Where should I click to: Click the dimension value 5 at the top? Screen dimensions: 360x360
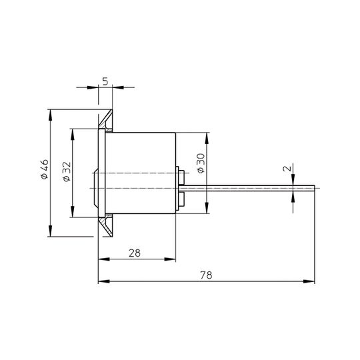coord(105,81)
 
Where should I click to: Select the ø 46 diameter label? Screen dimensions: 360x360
coord(44,169)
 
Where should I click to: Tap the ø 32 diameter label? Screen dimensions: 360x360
coord(67,172)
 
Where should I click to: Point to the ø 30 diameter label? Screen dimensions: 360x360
coord(201,163)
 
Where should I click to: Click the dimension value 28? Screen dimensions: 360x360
coord(135,253)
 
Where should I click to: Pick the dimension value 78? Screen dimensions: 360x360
coord(206,275)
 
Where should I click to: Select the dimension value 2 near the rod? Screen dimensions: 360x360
coord(287,168)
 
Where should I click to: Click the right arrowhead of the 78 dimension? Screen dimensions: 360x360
coord(309,281)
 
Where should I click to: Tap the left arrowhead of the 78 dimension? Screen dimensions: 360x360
coord(104,281)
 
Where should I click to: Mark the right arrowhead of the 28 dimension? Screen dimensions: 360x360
coord(170,259)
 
